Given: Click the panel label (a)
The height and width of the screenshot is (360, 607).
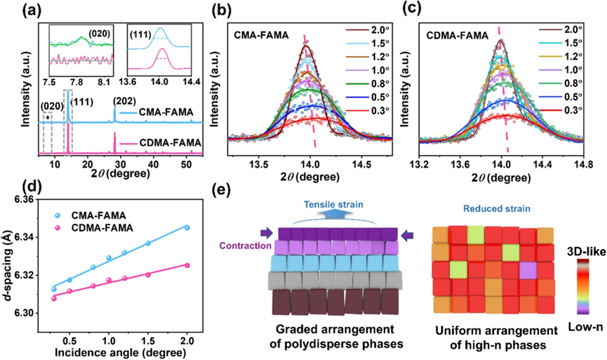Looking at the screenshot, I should (x=15, y=10).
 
